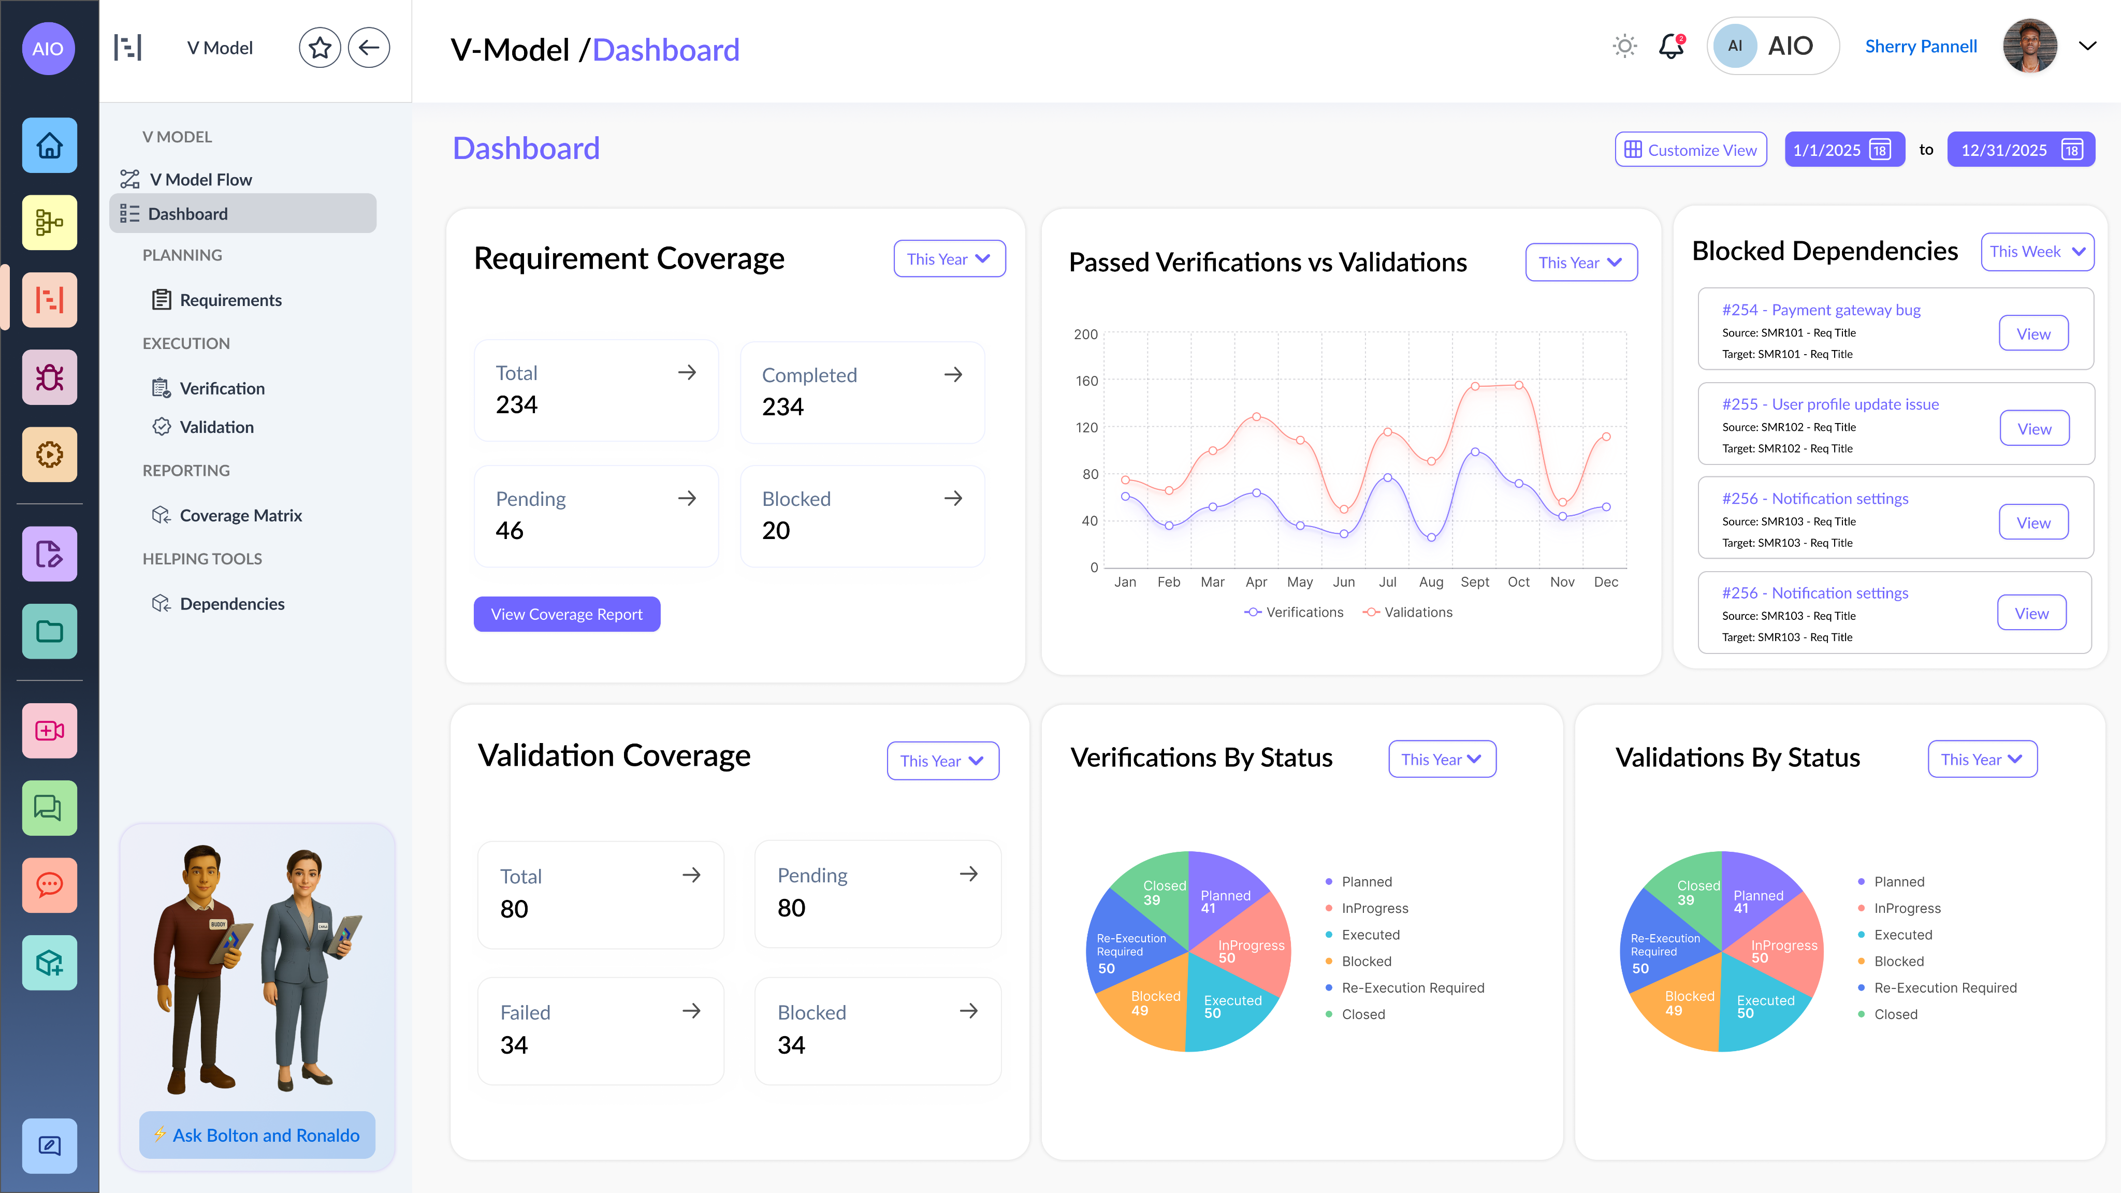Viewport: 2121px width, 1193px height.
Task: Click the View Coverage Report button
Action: (x=566, y=614)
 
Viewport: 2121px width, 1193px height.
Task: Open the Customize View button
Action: (x=1690, y=150)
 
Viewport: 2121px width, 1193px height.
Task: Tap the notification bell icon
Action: (x=1670, y=47)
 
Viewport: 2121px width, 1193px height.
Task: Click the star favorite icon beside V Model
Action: (x=319, y=48)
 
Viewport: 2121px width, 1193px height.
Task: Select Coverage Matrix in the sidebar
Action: (x=240, y=515)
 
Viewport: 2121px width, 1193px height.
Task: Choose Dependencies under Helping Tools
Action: (x=231, y=604)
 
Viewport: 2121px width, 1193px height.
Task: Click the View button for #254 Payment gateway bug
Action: (x=2033, y=333)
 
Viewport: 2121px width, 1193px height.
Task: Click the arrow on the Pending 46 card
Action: (x=687, y=498)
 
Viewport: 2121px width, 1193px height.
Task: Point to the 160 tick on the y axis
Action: (x=1086, y=381)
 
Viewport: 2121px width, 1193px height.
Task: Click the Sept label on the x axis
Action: (x=1475, y=582)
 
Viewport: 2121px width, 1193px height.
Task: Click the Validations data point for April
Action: (x=1256, y=417)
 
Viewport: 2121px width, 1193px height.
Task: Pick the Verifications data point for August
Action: (x=1432, y=537)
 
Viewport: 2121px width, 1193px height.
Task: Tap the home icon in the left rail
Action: (x=49, y=146)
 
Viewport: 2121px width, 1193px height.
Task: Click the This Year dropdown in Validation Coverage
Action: (x=942, y=761)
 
